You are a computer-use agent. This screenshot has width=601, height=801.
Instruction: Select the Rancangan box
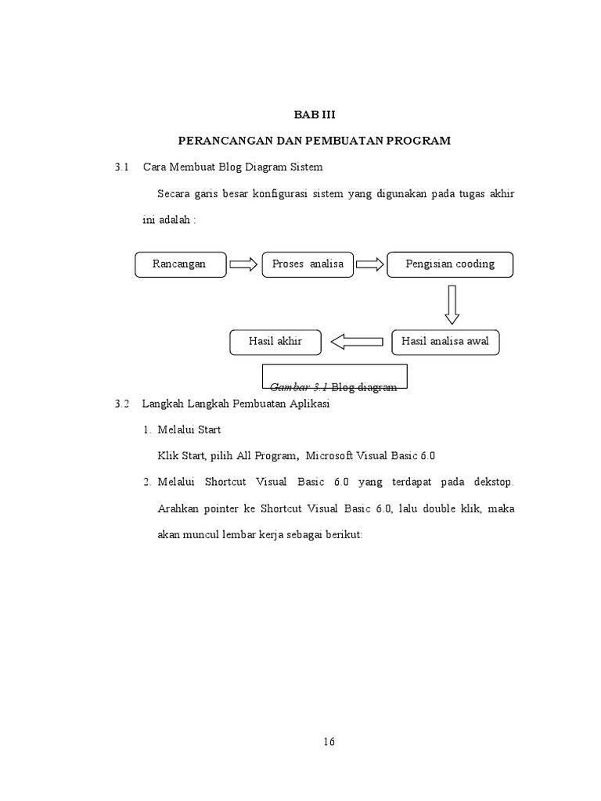click(180, 264)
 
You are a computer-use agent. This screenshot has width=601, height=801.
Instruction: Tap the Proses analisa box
click(308, 264)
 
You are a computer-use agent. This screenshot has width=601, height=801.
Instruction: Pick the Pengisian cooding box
click(450, 264)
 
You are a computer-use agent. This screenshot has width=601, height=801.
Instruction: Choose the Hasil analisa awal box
click(444, 342)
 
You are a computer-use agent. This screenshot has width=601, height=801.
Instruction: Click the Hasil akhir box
click(275, 342)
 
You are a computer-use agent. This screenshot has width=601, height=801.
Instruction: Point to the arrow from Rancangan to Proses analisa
click(243, 264)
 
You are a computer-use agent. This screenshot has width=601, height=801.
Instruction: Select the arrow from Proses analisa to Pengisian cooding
click(371, 264)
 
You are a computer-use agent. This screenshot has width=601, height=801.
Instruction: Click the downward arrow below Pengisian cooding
click(452, 304)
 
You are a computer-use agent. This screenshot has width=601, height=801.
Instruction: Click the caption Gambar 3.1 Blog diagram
click(333, 386)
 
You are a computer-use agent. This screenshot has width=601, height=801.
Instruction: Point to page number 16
click(329, 742)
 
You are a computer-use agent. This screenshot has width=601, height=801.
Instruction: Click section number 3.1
click(121, 167)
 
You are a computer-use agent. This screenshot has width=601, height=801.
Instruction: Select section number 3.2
click(121, 404)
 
